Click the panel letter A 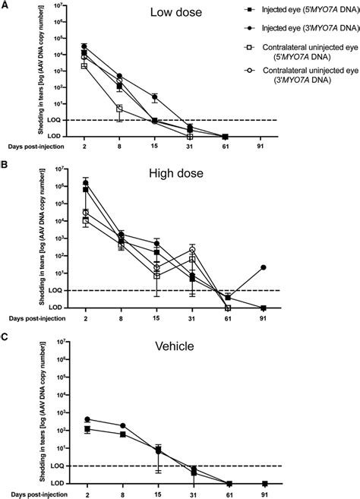(x=5, y=5)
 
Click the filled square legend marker (x=251, y=11)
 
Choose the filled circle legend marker (x=251, y=28)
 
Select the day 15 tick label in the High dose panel (x=156, y=317)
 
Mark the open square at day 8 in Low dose (x=120, y=109)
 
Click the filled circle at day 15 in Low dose (x=156, y=97)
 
